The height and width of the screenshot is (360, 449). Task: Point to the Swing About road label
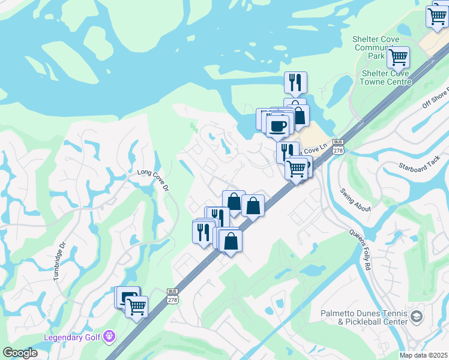355,200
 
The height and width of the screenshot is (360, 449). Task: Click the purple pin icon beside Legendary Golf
109,335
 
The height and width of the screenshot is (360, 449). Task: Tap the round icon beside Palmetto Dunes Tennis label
416,317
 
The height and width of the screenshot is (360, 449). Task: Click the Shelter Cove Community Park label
376,47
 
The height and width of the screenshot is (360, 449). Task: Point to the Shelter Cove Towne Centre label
386,77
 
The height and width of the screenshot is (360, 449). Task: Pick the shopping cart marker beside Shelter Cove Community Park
398,58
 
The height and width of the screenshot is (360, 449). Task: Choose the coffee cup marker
277,125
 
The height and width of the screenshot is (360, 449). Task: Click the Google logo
20,353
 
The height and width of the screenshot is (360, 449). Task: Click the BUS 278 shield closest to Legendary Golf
172,295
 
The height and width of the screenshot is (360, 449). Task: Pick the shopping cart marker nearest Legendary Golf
137,307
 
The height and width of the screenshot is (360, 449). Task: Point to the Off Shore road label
435,97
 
